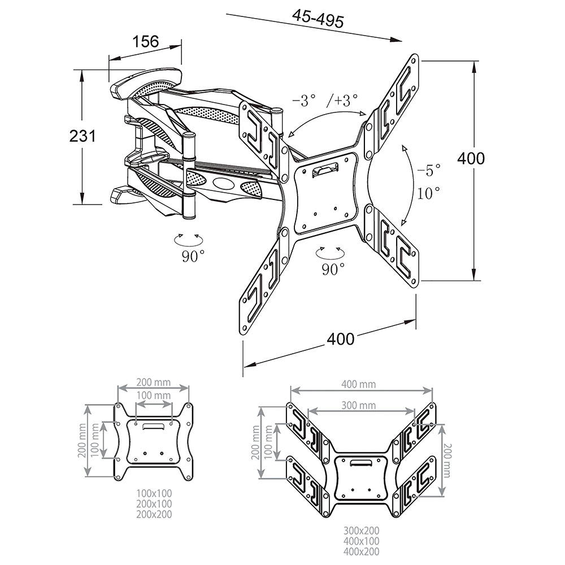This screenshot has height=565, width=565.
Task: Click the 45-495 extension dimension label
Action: click(318, 18)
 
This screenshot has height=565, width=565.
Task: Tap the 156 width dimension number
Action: click(146, 41)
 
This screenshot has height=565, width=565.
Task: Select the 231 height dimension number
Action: click(82, 136)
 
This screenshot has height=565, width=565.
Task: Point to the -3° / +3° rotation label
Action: click(325, 100)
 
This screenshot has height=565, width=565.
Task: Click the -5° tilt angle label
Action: click(429, 170)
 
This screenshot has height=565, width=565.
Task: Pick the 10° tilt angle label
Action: click(428, 193)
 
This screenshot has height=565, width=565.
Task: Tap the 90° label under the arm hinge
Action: click(193, 256)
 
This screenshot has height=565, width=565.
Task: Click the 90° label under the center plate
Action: click(333, 269)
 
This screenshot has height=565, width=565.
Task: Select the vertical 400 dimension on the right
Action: click(471, 159)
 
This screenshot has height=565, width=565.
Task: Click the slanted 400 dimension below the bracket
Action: click(341, 339)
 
